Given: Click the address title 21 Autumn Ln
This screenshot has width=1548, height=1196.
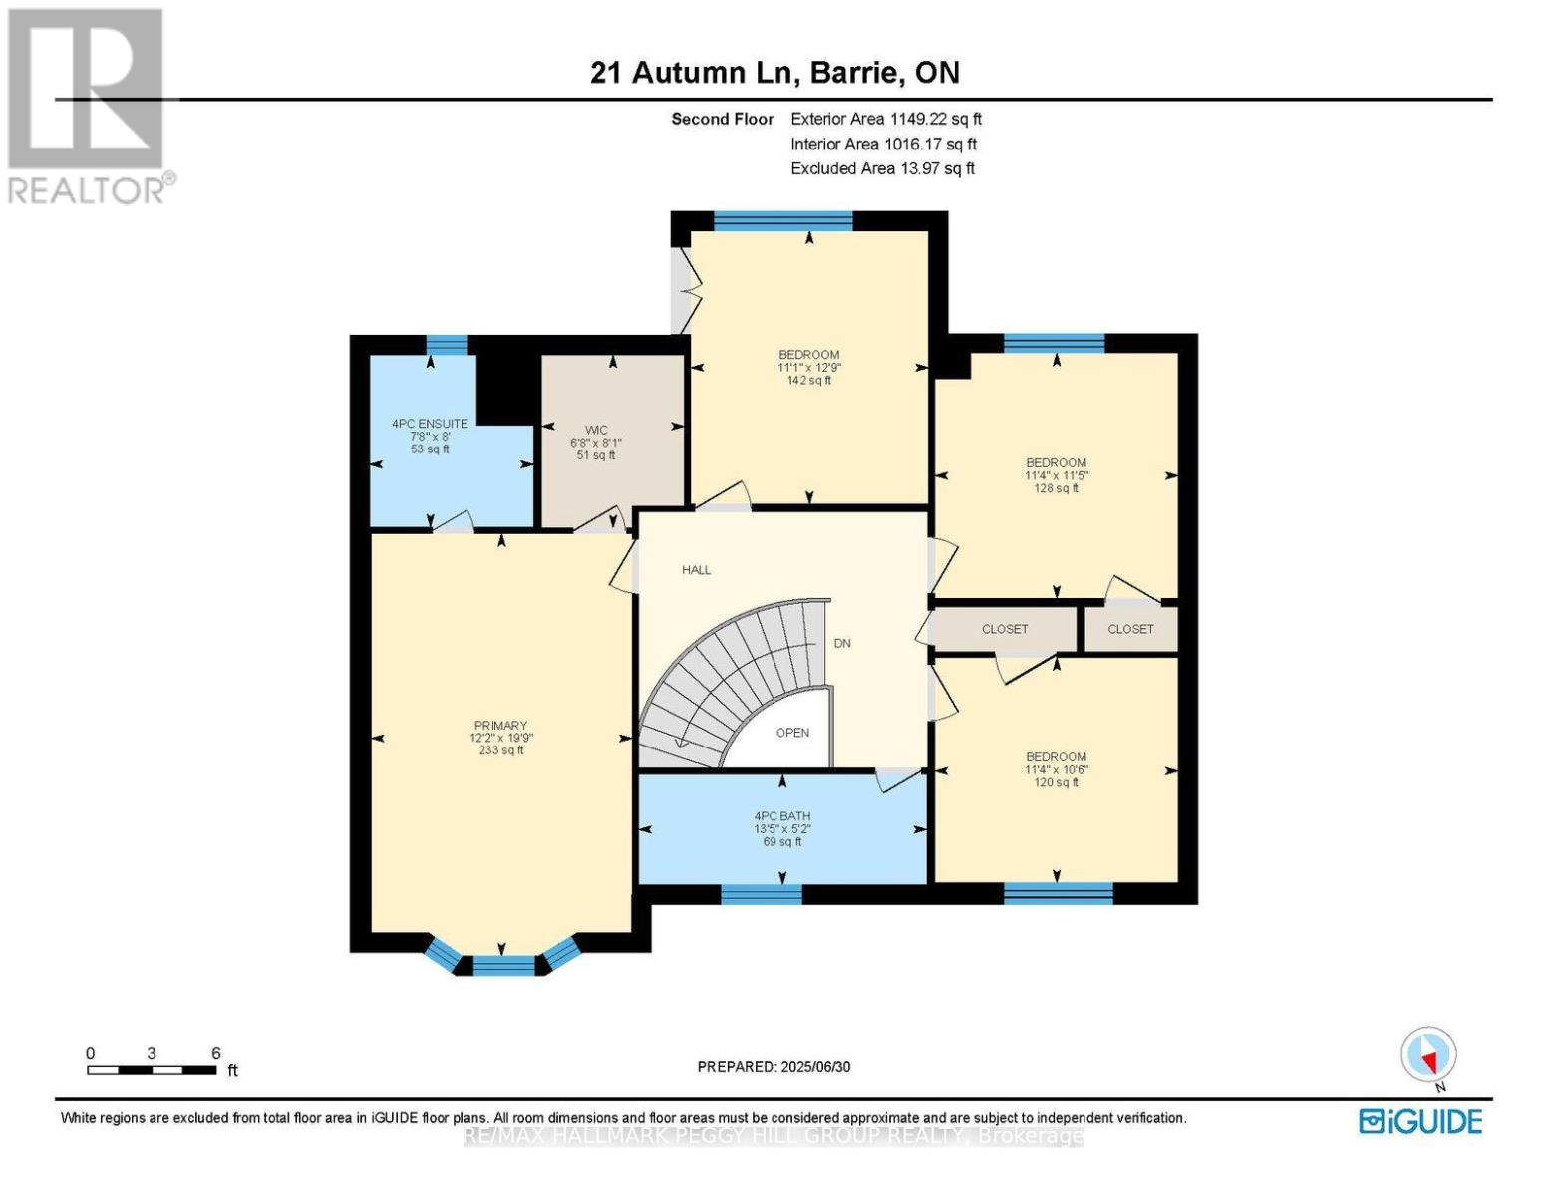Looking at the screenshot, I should coord(774,73).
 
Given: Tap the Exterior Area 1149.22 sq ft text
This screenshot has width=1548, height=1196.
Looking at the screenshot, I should coord(886,119).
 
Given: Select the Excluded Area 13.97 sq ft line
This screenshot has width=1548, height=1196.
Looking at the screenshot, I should coord(882,168).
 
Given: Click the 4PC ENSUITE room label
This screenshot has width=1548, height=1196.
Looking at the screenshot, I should coord(430,436).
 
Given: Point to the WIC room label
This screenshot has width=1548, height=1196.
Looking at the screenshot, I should coord(596,443).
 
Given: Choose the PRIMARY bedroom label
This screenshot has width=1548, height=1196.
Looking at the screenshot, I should coord(500,738).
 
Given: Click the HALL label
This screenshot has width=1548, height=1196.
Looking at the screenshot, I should coord(696,570).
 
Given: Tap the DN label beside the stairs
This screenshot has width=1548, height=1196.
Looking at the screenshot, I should coord(842,643).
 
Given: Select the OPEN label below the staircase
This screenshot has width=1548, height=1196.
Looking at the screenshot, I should coord(792,733).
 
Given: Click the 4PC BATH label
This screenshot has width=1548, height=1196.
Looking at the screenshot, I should coord(781,828).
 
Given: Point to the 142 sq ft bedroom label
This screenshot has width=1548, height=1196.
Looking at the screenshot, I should coord(808,367).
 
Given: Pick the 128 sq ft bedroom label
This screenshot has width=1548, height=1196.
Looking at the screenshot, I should coord(1056,475).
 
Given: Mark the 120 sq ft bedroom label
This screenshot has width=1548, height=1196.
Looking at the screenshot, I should coord(1056,769).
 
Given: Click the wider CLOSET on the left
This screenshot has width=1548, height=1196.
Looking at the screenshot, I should coord(1004,629).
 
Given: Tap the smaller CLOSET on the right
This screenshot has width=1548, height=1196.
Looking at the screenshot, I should coord(1130,629).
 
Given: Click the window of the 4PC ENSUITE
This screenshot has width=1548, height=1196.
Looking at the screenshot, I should coord(447,345).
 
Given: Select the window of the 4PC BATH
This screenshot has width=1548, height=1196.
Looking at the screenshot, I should coord(761,894).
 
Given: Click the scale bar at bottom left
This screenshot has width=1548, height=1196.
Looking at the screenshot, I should coord(152,1070).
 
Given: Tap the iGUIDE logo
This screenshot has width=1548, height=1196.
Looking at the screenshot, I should coord(1420,1121).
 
